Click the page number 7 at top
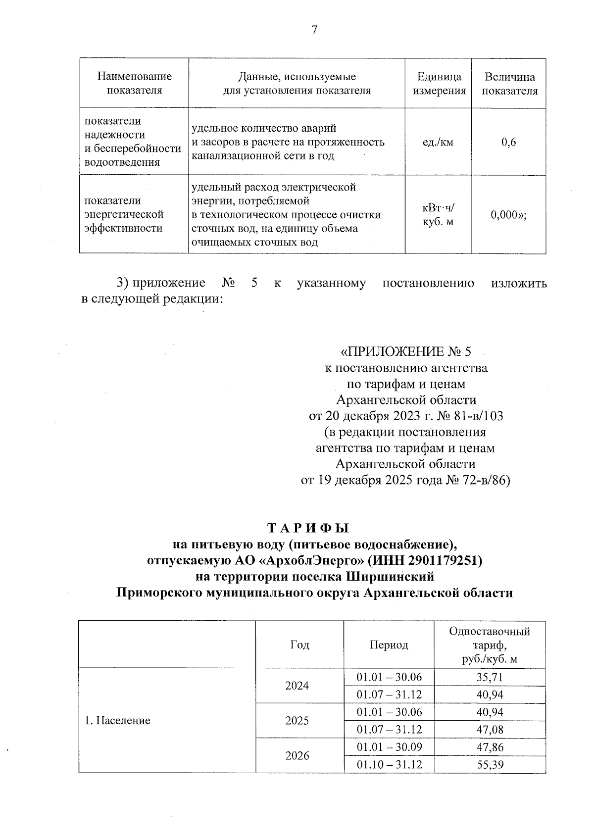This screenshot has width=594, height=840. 314,30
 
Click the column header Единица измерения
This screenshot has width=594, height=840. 439,84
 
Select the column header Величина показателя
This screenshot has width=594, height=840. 509,84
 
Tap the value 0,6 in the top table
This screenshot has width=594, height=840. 508,142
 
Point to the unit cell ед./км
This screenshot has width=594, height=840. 438,143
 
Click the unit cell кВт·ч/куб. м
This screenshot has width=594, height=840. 438,215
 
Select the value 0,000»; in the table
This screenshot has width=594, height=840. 508,215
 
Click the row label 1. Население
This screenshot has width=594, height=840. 117,721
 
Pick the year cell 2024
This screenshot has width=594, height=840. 297,686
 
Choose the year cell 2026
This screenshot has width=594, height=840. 297,756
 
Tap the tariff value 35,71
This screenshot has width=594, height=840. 490,677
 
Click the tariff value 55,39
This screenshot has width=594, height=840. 490,765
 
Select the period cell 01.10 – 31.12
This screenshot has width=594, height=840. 389,765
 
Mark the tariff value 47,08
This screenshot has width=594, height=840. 490,730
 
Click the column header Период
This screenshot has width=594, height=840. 389,645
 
